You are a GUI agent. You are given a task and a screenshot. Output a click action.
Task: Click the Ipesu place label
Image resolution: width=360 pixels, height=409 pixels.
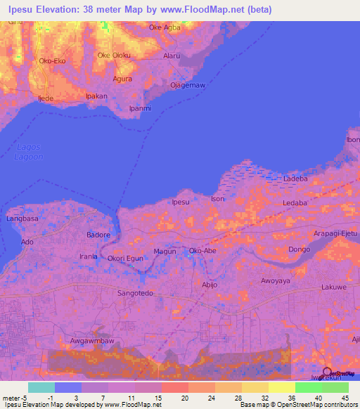click(x=181, y=202)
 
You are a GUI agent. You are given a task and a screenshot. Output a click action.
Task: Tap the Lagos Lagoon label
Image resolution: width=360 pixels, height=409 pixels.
click(x=29, y=152)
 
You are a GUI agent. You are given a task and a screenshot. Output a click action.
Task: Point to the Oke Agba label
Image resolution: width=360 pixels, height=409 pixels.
click(x=165, y=28)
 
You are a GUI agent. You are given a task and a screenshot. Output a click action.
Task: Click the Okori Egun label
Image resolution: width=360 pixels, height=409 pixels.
click(x=125, y=259)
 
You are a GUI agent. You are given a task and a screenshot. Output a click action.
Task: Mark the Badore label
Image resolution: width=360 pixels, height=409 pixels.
click(x=98, y=235)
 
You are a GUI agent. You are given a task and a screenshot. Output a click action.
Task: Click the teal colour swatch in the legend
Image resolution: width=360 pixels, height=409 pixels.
click(x=41, y=387)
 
